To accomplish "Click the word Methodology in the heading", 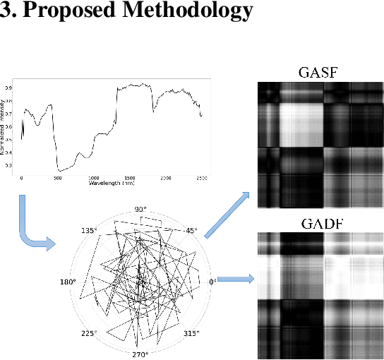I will click(186, 12).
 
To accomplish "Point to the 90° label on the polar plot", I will click(140, 209).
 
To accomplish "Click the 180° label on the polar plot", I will click(68, 282).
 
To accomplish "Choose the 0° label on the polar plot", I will click(213, 282).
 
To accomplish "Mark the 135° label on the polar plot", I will click(89, 230).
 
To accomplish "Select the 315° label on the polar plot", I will click(191, 332).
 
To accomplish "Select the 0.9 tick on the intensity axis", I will click(9, 88).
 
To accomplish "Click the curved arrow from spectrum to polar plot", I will click(32, 229).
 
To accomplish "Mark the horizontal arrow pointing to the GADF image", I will click(236, 279).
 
